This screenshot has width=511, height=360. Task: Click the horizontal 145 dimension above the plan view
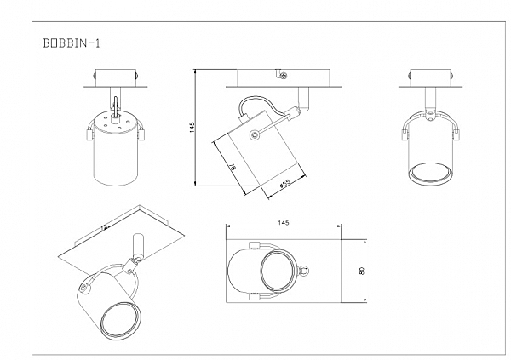[x=284, y=223]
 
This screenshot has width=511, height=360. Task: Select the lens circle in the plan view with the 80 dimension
[x=278, y=272]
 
